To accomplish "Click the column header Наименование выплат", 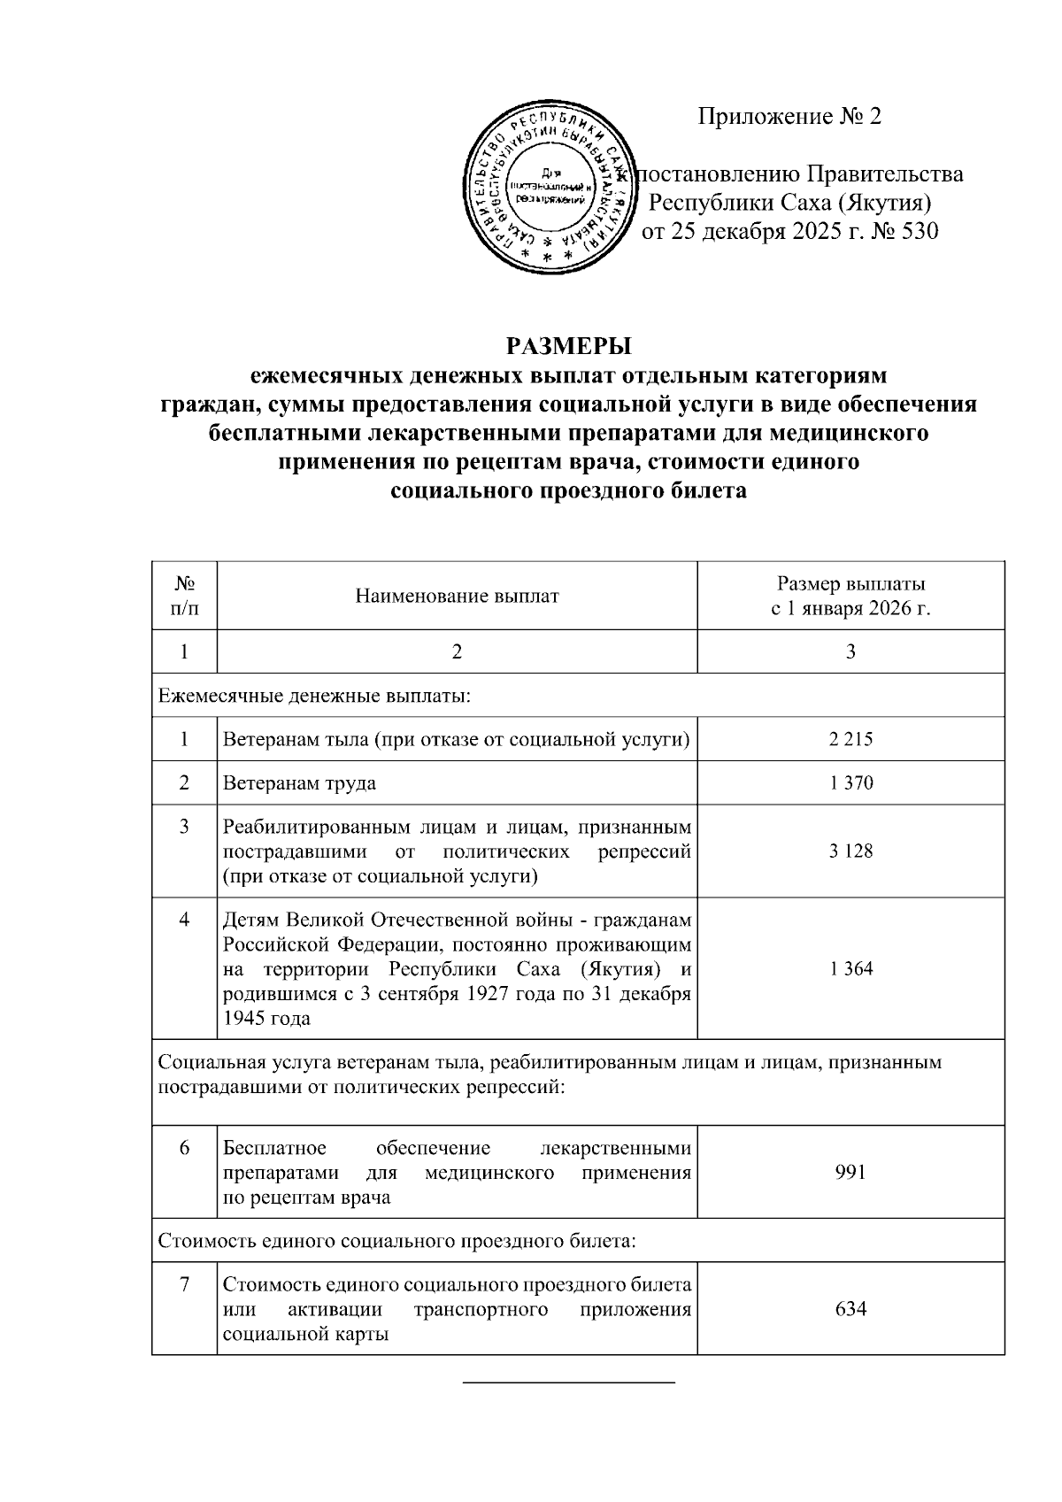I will [x=457, y=597].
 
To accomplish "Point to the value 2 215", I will [x=850, y=739].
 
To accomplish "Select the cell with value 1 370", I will [x=850, y=783].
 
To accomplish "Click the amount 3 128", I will [x=850, y=851].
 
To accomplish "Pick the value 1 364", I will [x=850, y=969].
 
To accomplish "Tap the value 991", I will [x=850, y=1173].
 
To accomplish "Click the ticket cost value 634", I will [x=850, y=1308].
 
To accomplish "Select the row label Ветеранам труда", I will [x=299, y=783].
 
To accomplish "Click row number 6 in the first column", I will [x=184, y=1148].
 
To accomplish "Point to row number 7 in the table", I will [x=184, y=1284].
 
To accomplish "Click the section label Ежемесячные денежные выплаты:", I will [x=314, y=696].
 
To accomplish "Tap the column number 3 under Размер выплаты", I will [x=850, y=652].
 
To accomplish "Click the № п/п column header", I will [x=184, y=597].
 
